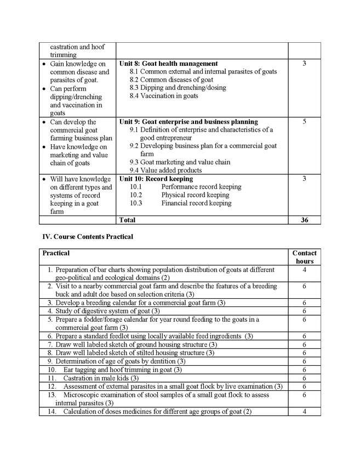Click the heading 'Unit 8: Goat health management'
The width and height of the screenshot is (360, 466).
[168, 64]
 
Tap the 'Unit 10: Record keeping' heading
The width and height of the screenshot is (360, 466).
[156, 179]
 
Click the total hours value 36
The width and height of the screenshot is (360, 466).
[304, 220]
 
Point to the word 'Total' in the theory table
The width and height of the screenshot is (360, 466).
[127, 220]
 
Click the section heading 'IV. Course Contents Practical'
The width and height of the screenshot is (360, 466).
[88, 237]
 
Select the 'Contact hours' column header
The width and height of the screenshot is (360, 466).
[304, 257]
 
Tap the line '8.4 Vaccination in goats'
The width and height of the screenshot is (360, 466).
[164, 96]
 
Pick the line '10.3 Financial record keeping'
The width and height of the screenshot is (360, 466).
[180, 203]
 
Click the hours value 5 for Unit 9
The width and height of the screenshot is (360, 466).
[304, 122]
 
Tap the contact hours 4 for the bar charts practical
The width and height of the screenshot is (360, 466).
[304, 270]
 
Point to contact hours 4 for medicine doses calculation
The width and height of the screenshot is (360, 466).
[304, 412]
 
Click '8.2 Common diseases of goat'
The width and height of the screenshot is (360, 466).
[171, 79]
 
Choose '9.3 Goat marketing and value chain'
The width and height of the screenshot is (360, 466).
[180, 162]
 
